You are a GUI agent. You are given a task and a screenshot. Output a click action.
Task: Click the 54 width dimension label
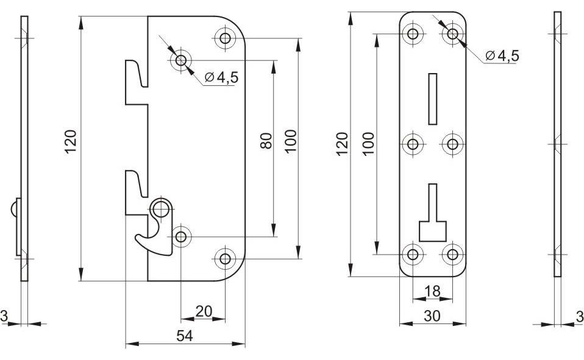pos(184,336)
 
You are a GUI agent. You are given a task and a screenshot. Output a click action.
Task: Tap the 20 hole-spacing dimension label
pos(204,311)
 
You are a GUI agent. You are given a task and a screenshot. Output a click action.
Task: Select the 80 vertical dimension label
pos(266,141)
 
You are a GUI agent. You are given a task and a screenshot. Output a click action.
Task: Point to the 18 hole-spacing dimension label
pos(432,291)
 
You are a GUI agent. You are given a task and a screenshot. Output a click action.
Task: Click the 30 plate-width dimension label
pos(432,316)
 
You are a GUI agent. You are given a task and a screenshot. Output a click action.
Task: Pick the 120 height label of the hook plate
pos(70,141)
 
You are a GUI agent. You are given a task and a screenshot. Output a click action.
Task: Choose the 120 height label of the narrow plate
pos(342,144)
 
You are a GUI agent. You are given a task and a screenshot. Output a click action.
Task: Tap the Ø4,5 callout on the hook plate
pos(221,77)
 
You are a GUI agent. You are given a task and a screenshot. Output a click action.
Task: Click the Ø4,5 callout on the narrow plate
pos(502,56)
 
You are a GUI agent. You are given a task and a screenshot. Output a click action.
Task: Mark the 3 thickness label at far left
pos(4,316)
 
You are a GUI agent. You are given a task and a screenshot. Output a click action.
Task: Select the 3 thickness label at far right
pos(580,317)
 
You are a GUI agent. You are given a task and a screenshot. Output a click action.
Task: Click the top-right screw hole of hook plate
pos(225,38)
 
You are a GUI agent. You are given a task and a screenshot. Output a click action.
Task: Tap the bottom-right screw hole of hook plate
pos(225,258)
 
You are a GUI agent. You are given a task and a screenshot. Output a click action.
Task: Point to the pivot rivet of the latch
pos(161,209)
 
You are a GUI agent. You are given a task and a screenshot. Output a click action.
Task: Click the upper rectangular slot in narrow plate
pos(432,99)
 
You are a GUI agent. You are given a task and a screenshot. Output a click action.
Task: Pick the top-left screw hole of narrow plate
pos(413,34)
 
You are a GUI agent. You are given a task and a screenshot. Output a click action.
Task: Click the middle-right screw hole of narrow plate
pos(452,144)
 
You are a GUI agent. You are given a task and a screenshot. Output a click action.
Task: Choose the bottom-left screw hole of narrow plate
pos(413,255)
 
